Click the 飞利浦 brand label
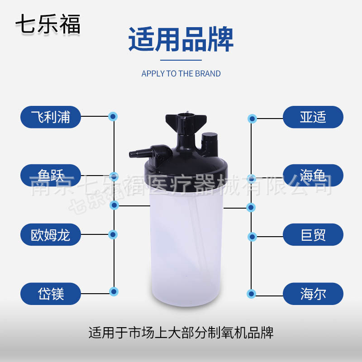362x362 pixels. (51, 117)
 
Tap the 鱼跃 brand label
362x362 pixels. (51, 175)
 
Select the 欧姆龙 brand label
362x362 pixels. (51, 234)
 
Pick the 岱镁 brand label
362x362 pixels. (51, 293)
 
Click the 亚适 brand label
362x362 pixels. (313, 117)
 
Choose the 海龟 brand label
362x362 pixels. (313, 175)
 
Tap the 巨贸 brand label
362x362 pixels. (313, 234)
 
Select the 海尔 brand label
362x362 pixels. (313, 293)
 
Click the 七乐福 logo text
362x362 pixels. (48, 24)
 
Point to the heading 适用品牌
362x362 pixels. (181, 40)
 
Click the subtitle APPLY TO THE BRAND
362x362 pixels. (181, 74)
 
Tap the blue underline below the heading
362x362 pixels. (181, 60)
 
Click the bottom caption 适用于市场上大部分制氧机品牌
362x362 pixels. (181, 333)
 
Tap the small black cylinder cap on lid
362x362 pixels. (209, 141)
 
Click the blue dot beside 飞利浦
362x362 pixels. (113, 117)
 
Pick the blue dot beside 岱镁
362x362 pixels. (114, 291)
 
